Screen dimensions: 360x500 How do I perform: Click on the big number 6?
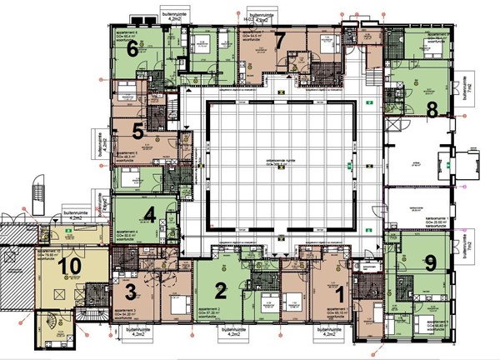coord(132,47)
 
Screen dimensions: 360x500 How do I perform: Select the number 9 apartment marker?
coord(430,262)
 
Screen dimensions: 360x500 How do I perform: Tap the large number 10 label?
coord(71,267)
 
